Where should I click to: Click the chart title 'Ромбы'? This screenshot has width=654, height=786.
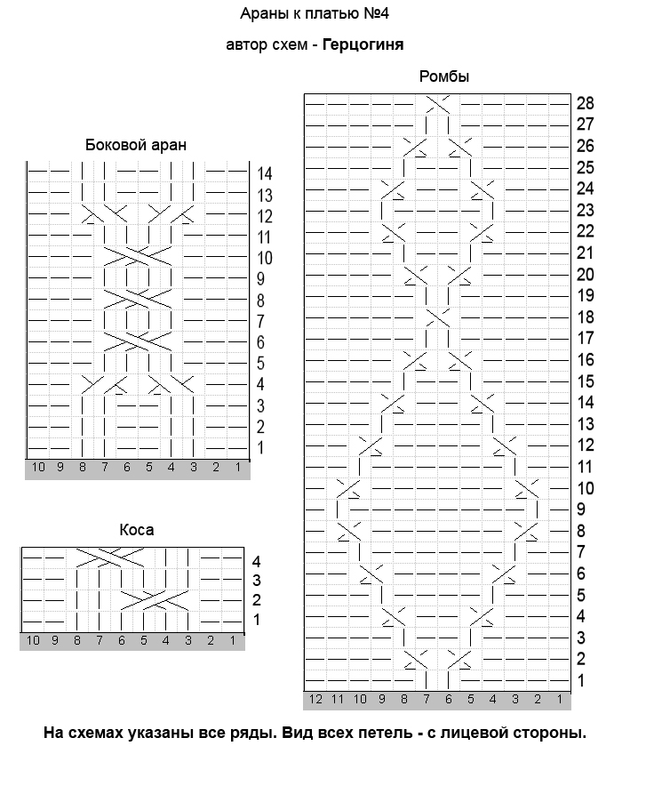point(444,77)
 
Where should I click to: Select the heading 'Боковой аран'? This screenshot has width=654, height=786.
point(136,145)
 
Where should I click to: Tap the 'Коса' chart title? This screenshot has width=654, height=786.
point(137,530)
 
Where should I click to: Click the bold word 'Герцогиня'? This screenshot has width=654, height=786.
point(363,44)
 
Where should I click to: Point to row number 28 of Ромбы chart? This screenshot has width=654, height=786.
point(585,102)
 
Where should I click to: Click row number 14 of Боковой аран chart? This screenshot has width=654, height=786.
point(265,173)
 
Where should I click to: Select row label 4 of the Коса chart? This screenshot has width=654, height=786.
point(256,562)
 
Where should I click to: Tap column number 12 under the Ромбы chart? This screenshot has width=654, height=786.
point(315,700)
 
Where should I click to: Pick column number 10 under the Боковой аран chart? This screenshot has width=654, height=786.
point(38,467)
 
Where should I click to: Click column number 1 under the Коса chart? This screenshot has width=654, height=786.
point(233,640)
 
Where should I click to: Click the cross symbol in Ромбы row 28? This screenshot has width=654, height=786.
point(438,103)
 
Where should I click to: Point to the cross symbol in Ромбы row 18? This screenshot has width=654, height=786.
point(438,317)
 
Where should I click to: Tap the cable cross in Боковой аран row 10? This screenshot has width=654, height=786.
point(127,259)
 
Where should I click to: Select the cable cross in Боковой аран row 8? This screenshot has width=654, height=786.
point(127,301)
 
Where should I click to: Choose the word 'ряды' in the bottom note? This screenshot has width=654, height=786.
point(243,734)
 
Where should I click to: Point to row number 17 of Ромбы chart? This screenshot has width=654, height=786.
point(585,338)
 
